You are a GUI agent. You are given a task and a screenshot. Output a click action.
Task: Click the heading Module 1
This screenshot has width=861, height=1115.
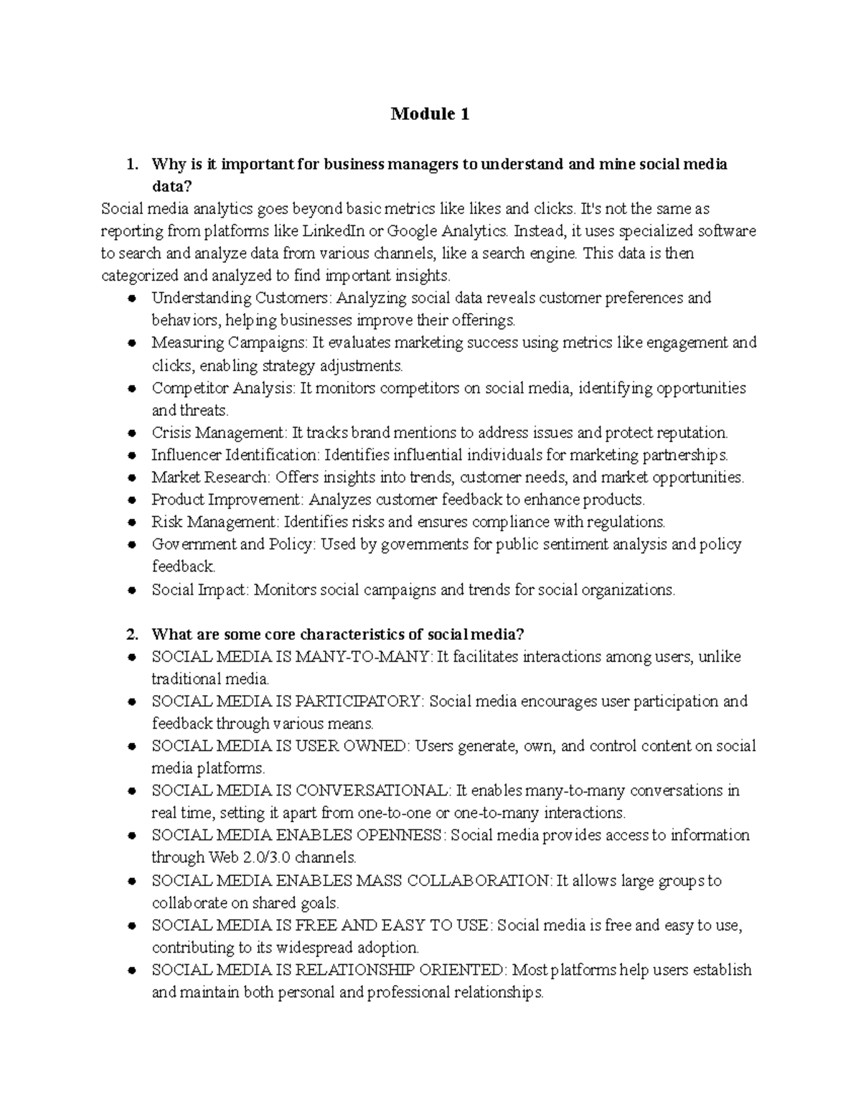430,114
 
